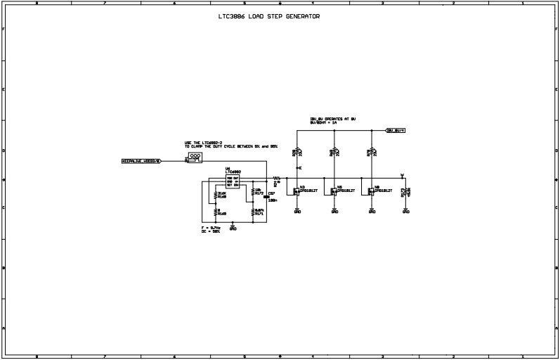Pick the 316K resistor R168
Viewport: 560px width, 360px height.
coord(216,195)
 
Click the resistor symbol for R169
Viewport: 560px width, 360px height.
coord(216,212)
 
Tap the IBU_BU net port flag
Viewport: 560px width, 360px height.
coord(396,130)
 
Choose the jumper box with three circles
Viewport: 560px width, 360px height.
coord(195,158)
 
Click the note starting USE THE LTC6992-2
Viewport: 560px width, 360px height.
coord(230,144)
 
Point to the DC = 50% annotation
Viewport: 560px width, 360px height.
coord(210,231)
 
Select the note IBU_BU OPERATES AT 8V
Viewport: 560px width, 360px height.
coord(332,120)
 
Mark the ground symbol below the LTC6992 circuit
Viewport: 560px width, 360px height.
coord(233,226)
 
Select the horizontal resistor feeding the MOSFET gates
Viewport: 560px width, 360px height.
coord(277,179)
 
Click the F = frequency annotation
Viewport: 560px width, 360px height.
coord(211,228)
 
